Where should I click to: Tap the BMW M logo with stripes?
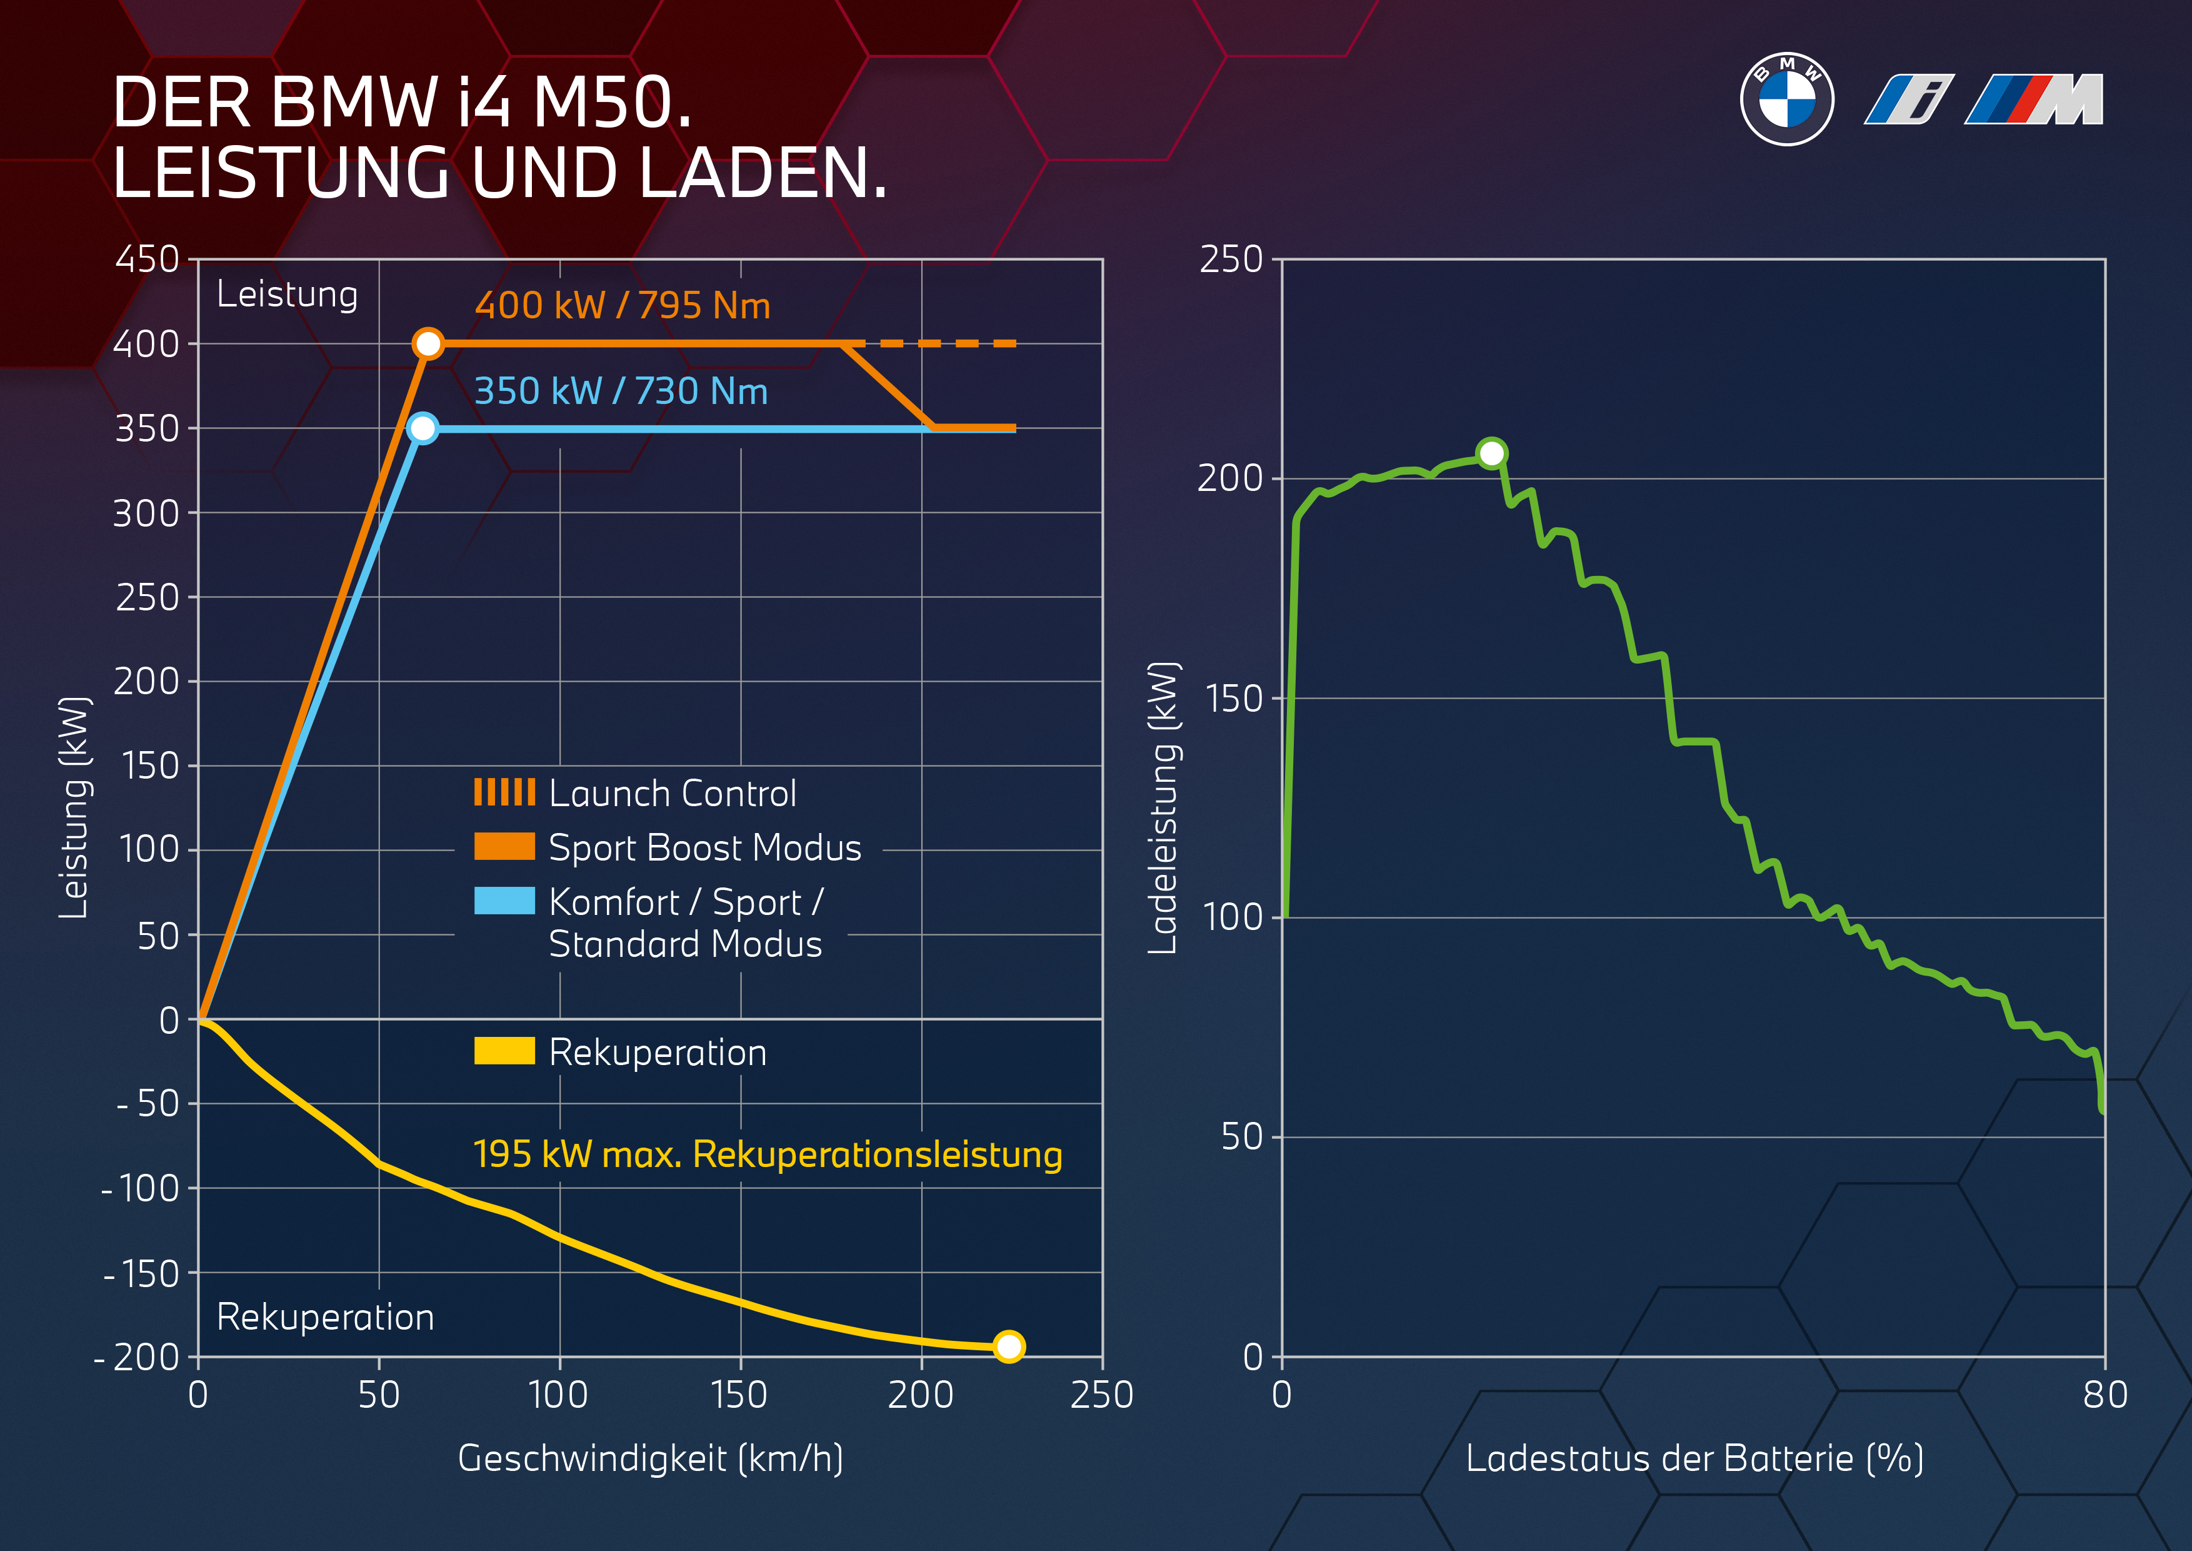coord(2034,99)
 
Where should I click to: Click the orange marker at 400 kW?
coord(428,343)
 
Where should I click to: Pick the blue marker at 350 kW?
coord(422,428)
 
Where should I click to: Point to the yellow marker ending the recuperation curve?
coord(1008,1346)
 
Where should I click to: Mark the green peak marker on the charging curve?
coord(1491,453)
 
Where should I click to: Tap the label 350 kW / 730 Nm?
coord(621,392)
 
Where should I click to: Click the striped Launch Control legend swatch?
coord(504,792)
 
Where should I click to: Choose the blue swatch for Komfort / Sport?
coord(504,901)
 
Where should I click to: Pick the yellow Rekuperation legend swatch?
coord(504,1051)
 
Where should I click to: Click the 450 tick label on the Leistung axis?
coord(147,259)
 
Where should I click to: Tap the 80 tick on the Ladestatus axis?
coord(2104,1395)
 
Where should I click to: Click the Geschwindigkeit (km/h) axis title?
coord(650,1458)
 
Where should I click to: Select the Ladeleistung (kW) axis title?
coord(1163,807)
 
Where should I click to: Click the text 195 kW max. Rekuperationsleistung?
coord(768,1154)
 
